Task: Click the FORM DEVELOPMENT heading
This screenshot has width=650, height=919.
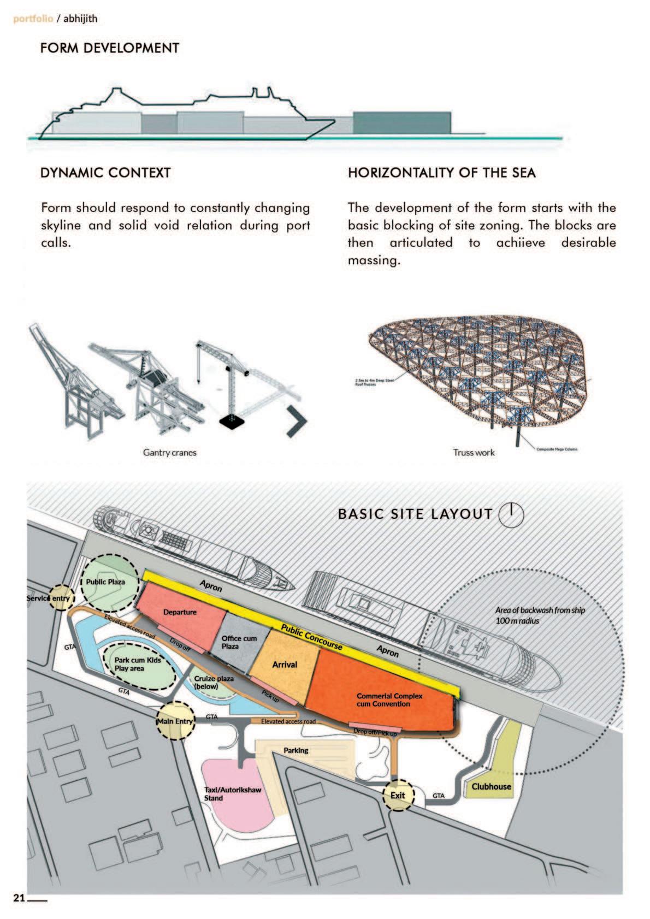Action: pyautogui.click(x=109, y=48)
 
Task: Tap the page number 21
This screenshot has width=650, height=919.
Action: pyautogui.click(x=20, y=898)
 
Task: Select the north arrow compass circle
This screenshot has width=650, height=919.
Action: pyautogui.click(x=511, y=514)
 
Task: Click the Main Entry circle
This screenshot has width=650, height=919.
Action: pyautogui.click(x=175, y=721)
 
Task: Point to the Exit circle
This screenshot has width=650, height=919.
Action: pyautogui.click(x=398, y=795)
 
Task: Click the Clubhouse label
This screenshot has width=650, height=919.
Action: pyautogui.click(x=491, y=786)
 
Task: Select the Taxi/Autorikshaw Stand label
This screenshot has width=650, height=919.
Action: pyautogui.click(x=233, y=793)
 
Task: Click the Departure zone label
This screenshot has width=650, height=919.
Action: pyautogui.click(x=180, y=612)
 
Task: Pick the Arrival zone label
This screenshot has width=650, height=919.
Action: pyautogui.click(x=285, y=665)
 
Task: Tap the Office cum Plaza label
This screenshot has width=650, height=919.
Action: pyautogui.click(x=239, y=642)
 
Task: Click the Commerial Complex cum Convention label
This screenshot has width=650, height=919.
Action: pyautogui.click(x=389, y=699)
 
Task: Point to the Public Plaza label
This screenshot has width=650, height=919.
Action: pyautogui.click(x=105, y=582)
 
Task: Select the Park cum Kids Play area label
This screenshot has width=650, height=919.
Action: pyautogui.click(x=137, y=663)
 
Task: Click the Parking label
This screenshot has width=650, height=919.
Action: pyautogui.click(x=296, y=750)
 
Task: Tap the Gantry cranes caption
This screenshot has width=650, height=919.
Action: pyautogui.click(x=169, y=452)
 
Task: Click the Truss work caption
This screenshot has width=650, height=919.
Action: pyautogui.click(x=474, y=452)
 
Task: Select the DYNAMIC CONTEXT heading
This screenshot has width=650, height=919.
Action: pyautogui.click(x=105, y=173)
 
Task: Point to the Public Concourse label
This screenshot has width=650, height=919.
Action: pyautogui.click(x=311, y=636)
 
